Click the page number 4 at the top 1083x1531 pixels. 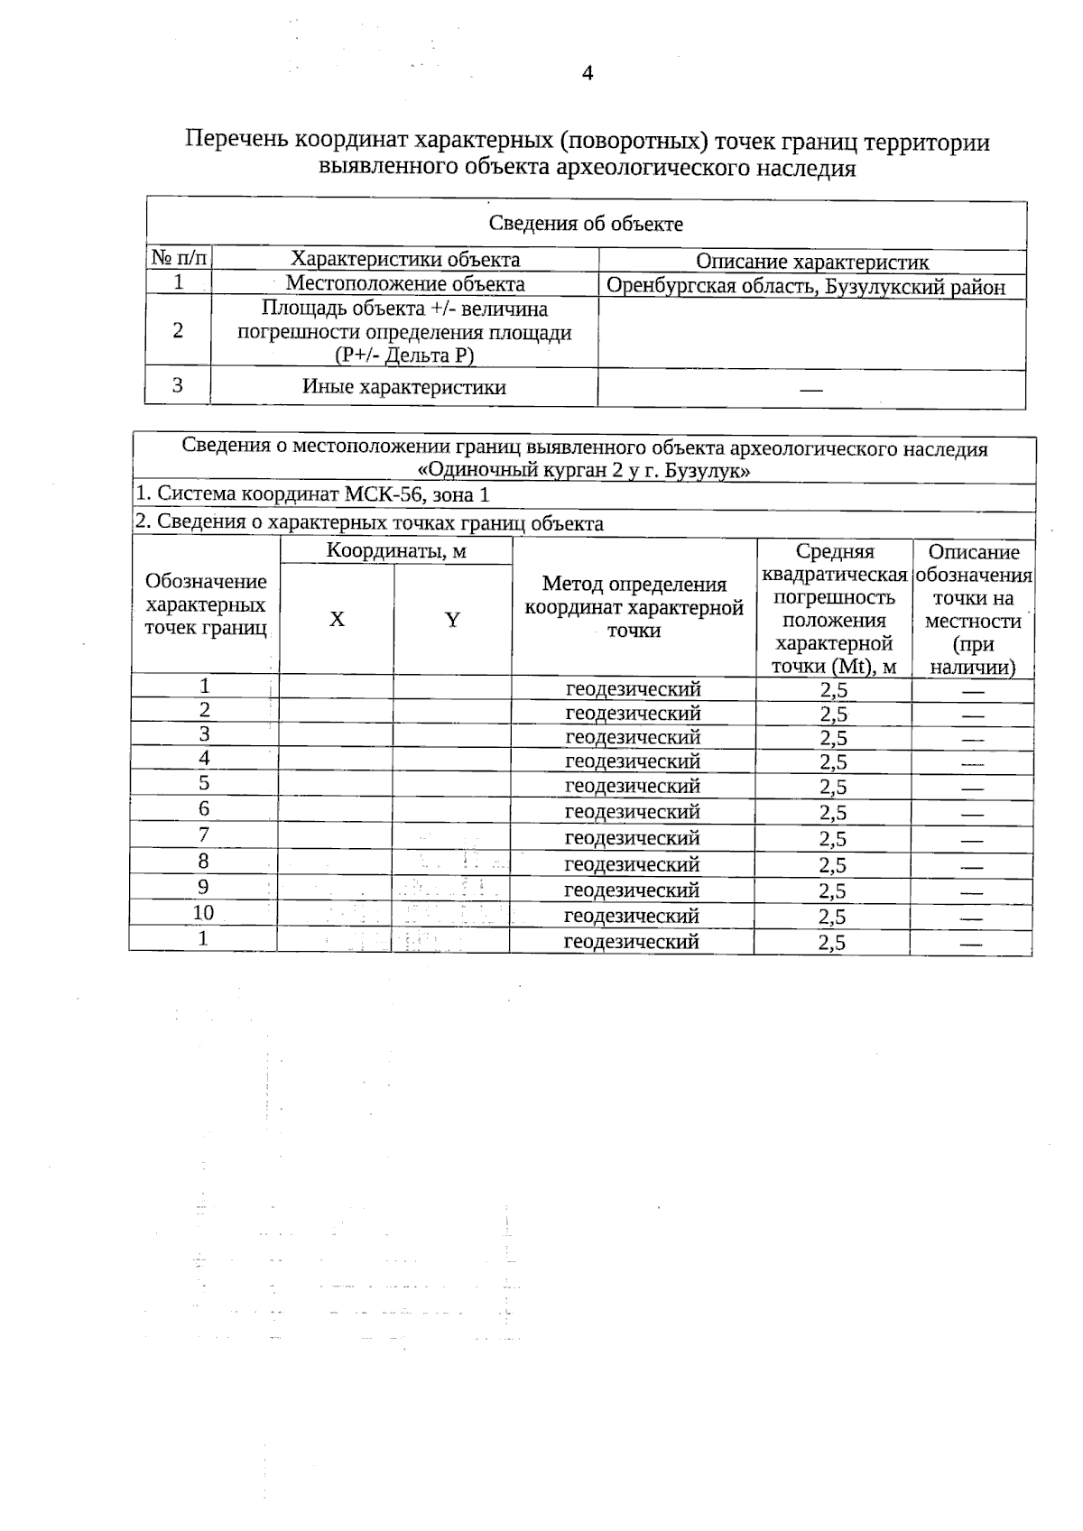click(588, 74)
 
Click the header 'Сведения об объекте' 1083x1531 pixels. click(586, 224)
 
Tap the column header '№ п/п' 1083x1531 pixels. click(179, 260)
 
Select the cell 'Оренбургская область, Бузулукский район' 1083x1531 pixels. click(805, 287)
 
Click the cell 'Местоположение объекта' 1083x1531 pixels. click(405, 284)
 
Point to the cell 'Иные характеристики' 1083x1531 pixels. click(403, 388)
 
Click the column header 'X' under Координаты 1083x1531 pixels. click(337, 620)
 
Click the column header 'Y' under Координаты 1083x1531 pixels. click(452, 620)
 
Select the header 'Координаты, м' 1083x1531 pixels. click(396, 551)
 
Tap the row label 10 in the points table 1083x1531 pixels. click(203, 913)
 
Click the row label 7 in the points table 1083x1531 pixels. click(204, 835)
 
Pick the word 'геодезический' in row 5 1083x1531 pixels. click(632, 786)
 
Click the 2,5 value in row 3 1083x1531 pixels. click(833, 738)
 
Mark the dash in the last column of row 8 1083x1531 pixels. click(972, 866)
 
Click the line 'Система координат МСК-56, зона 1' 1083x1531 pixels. click(312, 494)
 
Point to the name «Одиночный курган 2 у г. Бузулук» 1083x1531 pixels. click(585, 471)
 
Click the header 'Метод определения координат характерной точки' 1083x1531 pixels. click(634, 607)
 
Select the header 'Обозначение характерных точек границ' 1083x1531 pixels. click(206, 604)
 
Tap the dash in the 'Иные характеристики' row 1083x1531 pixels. click(810, 391)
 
